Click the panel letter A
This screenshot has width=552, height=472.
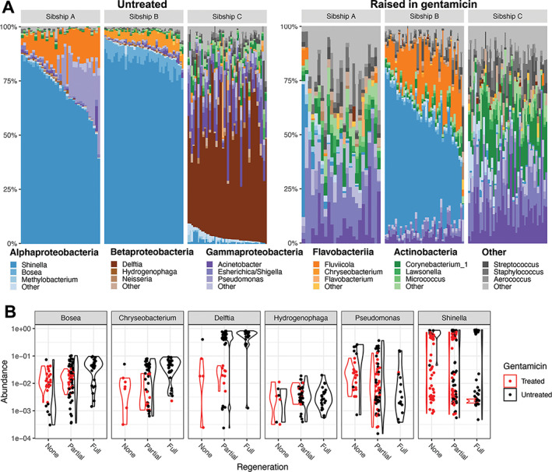(x=9, y=6)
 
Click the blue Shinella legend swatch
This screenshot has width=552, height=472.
(x=17, y=265)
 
